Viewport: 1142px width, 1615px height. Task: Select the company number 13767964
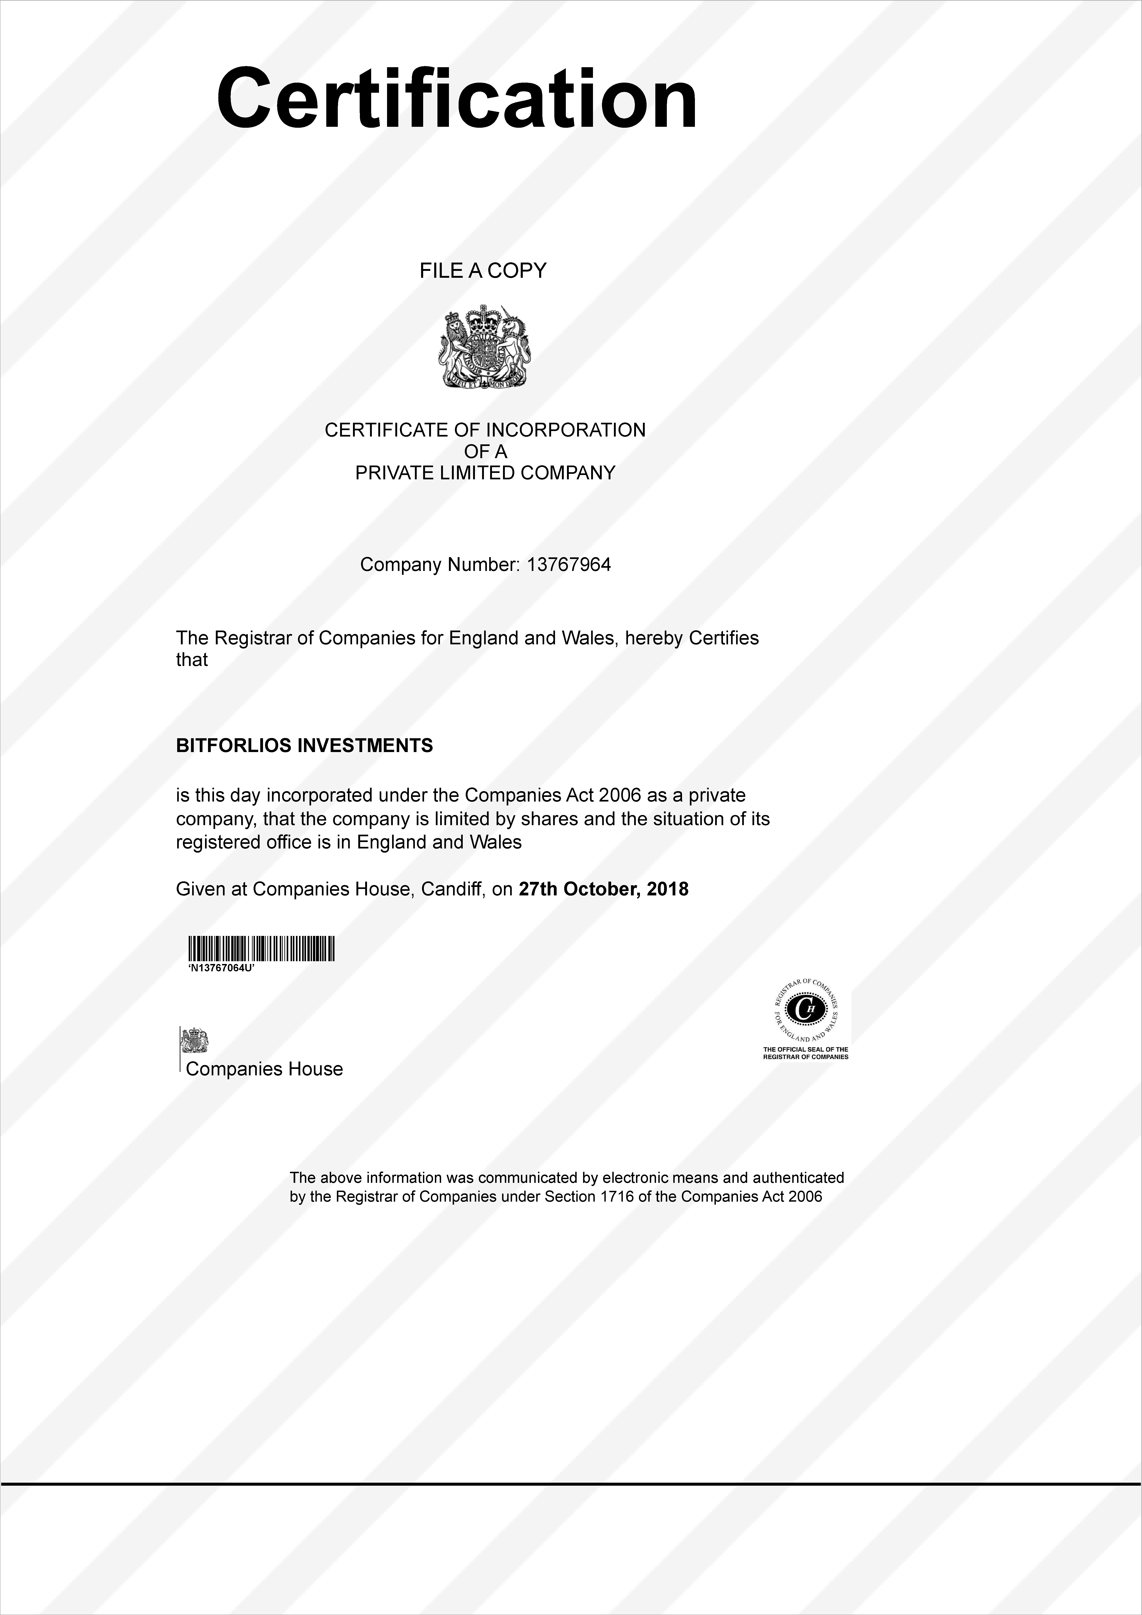point(569,565)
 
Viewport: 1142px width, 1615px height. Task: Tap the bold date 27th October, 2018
point(603,889)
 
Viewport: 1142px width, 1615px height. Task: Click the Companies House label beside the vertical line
point(264,1069)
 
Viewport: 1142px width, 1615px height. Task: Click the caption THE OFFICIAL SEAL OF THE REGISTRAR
point(806,1053)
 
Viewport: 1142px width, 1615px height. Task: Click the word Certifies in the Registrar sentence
point(724,638)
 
